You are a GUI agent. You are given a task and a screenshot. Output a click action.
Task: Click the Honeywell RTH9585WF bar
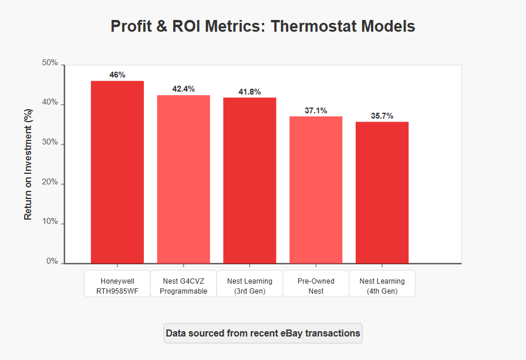point(117,172)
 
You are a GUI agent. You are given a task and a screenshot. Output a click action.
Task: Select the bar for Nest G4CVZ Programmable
point(184,180)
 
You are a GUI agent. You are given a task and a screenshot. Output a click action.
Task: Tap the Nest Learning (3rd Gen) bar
point(249,180)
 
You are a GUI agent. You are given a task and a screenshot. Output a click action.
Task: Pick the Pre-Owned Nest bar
point(316,190)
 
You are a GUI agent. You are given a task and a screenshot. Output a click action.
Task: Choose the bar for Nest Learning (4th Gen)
point(382,193)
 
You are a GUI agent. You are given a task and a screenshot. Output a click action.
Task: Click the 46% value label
point(117,75)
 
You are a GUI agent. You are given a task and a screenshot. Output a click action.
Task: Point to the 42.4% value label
point(184,89)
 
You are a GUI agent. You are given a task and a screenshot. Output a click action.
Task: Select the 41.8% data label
point(249,92)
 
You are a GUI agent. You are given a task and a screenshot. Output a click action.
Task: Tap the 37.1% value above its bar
point(316,110)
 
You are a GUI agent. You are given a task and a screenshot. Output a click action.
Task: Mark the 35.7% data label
point(382,116)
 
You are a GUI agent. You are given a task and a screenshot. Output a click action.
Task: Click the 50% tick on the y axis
point(50,63)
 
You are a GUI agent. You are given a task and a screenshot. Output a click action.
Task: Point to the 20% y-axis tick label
point(50,182)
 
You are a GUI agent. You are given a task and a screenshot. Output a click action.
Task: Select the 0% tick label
point(52,261)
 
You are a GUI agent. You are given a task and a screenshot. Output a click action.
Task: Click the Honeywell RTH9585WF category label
point(117,286)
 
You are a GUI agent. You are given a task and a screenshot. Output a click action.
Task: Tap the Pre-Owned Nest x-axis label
point(316,286)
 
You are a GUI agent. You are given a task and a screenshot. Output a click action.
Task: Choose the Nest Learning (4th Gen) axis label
point(382,286)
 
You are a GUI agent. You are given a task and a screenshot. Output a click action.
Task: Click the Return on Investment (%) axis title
point(28,164)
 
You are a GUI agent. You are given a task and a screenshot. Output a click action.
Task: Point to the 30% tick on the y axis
point(50,142)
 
